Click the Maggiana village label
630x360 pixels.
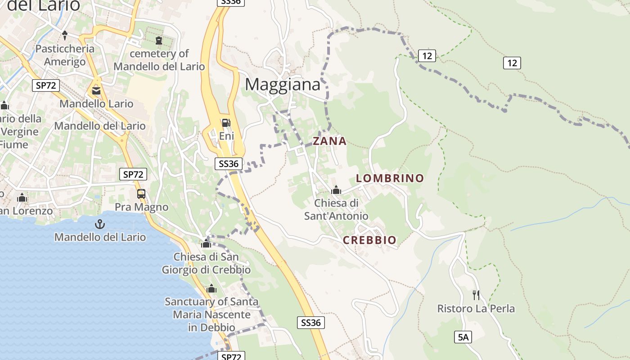(283, 85)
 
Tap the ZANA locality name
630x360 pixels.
(330, 141)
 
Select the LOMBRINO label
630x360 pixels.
(390, 178)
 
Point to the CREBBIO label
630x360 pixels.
(370, 240)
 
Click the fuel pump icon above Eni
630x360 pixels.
(226, 122)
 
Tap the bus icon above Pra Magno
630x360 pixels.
(141, 194)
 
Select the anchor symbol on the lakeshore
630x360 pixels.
(99, 224)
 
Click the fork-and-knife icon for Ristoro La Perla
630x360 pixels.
(476, 295)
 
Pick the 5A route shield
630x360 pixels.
(463, 337)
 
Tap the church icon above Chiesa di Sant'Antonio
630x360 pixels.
(336, 190)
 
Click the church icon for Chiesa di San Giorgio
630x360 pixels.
(206, 243)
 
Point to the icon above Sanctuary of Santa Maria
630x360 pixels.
(211, 288)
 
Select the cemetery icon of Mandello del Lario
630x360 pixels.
(158, 40)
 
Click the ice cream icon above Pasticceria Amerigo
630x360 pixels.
(65, 35)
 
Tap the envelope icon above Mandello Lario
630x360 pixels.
(96, 91)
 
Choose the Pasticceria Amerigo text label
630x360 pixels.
(65, 55)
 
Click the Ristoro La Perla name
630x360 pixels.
(476, 309)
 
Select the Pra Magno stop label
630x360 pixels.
(141, 207)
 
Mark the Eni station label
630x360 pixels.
(226, 135)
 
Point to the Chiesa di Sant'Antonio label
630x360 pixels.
(336, 210)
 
